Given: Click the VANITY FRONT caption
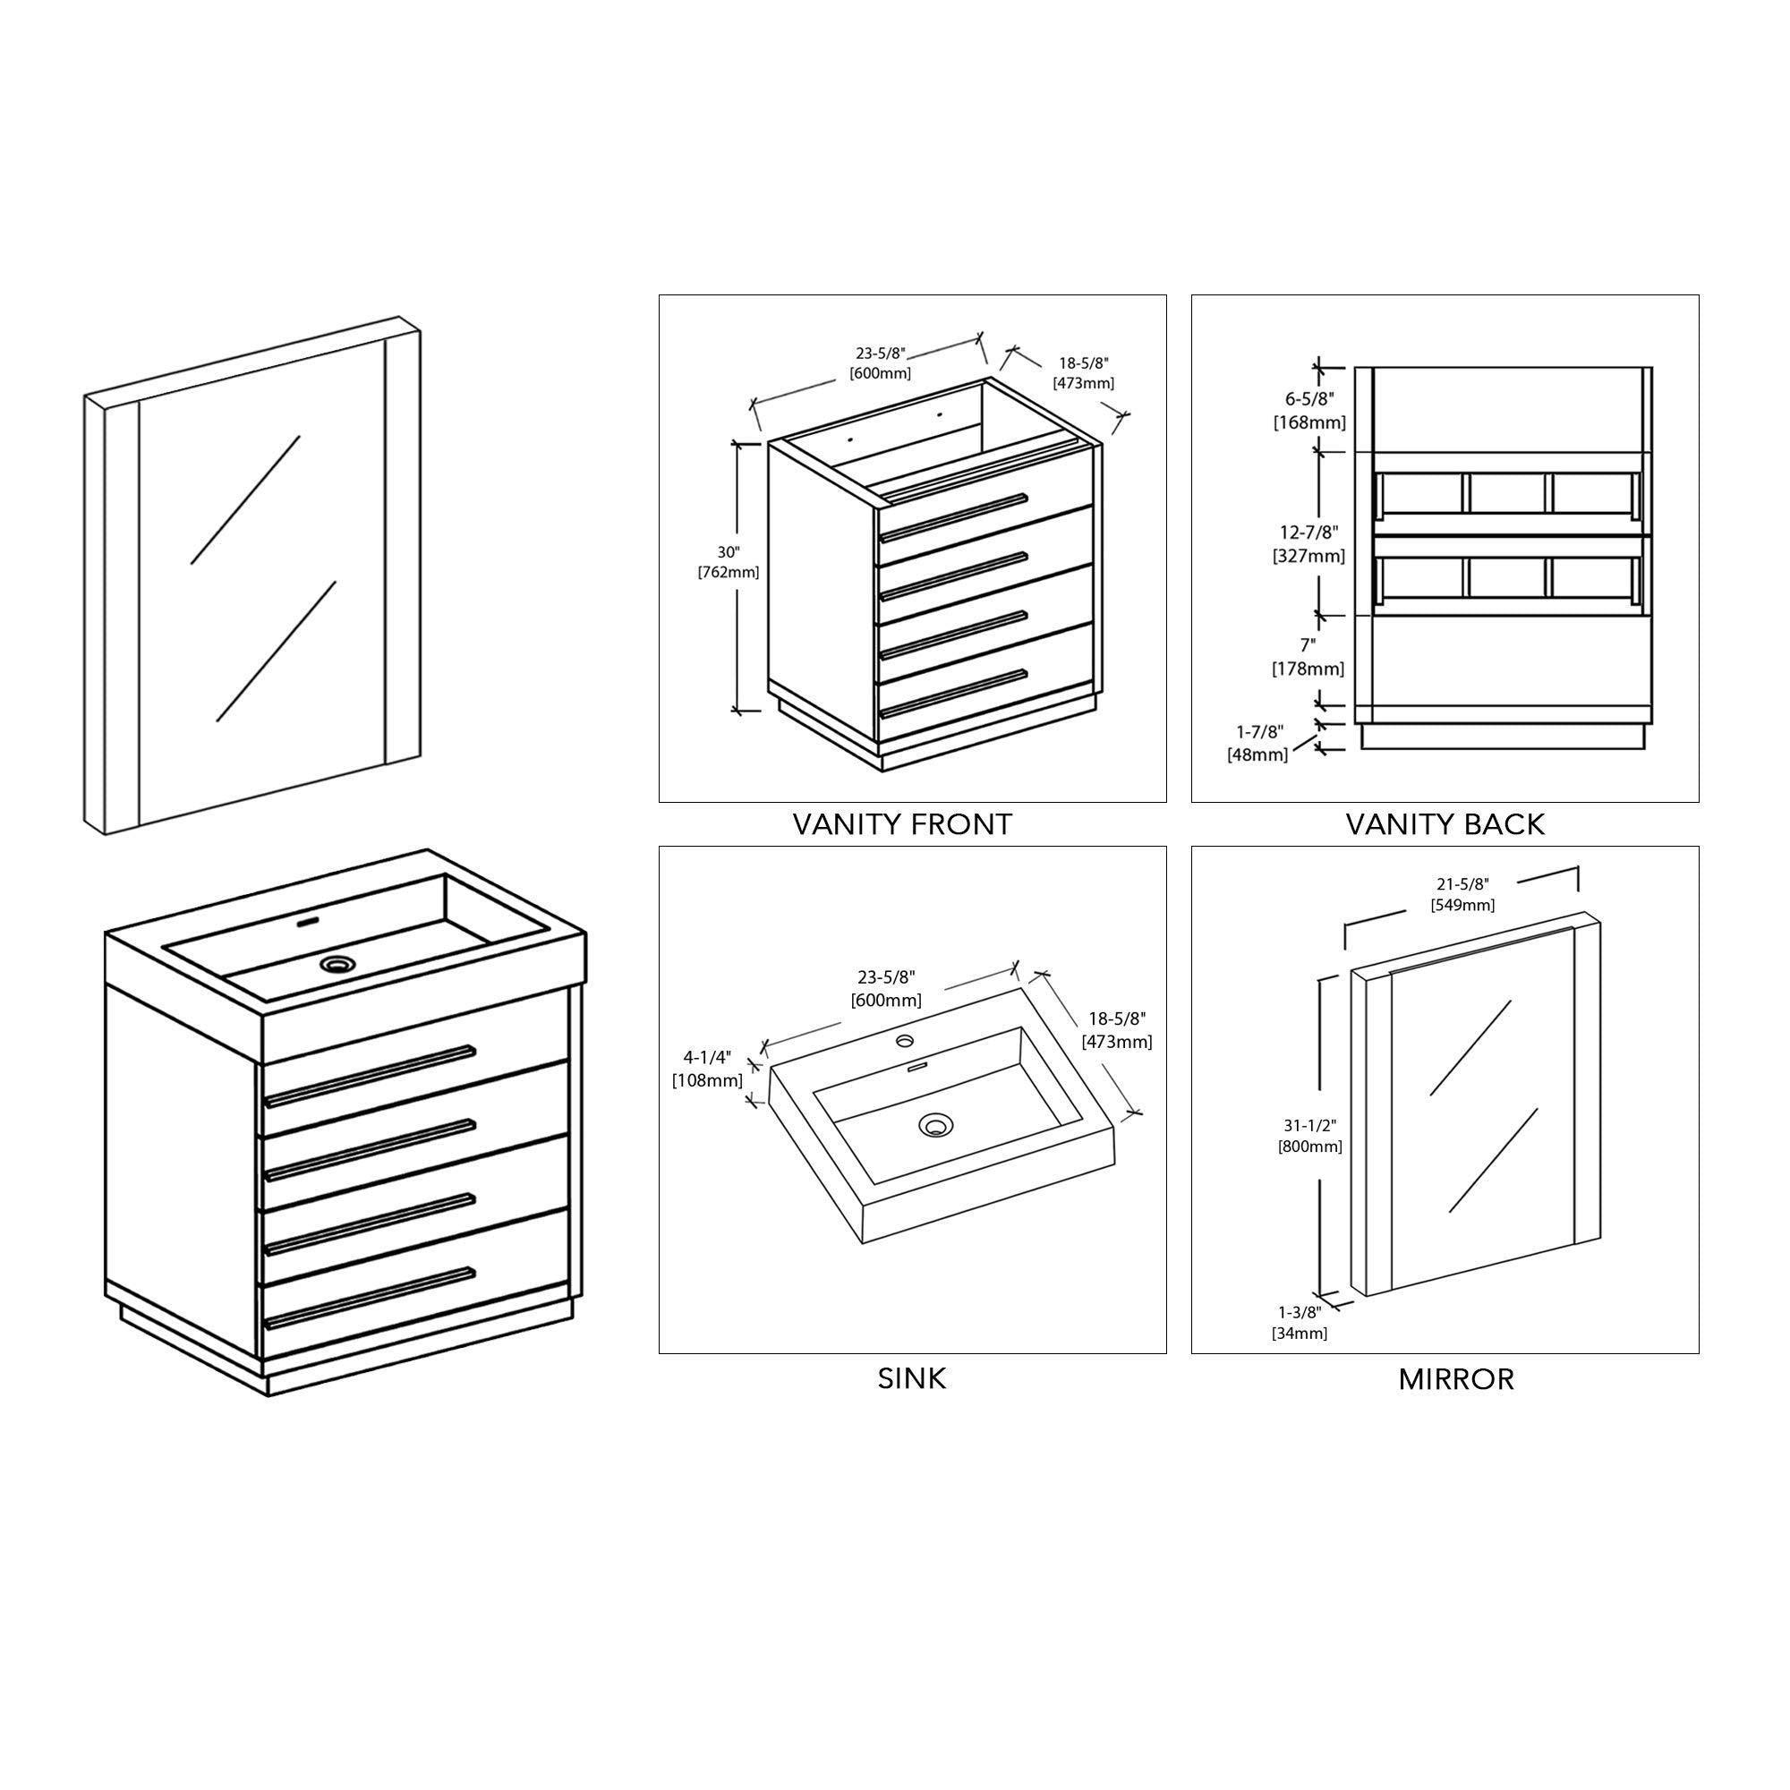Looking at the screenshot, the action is (902, 823).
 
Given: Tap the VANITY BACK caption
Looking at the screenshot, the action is (1445, 823).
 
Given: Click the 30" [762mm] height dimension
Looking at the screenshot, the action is (729, 562).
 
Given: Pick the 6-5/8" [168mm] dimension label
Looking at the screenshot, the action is (1310, 411).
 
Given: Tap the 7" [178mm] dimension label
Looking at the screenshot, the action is (1308, 656).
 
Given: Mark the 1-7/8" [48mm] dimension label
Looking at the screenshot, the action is (1257, 743).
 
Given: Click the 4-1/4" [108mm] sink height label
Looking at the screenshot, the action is (707, 1069).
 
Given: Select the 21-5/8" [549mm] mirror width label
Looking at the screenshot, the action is (1463, 895).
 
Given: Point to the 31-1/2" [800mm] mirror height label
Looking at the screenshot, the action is (1310, 1135).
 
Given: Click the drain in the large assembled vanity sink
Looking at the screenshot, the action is (337, 965).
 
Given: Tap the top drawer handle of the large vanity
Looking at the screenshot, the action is (370, 1076).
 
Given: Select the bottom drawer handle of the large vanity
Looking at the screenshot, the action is (370, 1296).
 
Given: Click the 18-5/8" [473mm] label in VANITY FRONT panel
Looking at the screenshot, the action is (1083, 372).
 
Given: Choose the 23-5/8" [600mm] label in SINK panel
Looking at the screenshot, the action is (887, 989).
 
